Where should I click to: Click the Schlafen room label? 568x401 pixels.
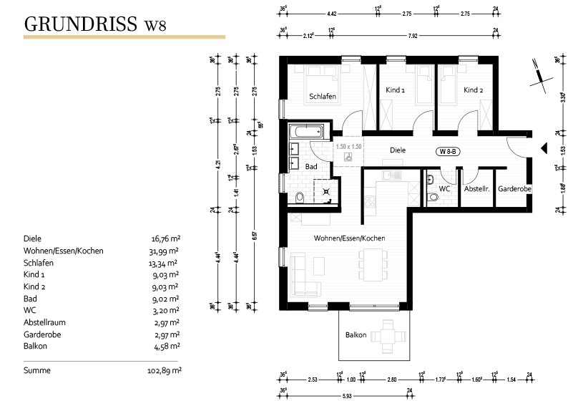click(323, 96)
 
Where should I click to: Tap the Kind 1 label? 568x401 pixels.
click(395, 90)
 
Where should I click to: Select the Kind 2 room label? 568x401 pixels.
click(474, 90)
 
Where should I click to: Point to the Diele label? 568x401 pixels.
click(398, 150)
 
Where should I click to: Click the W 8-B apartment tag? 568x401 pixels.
click(449, 151)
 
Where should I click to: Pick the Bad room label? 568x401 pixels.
click(310, 166)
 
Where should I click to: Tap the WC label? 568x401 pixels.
click(445, 189)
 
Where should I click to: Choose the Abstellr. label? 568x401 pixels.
click(476, 189)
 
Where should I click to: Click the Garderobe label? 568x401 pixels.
click(514, 189)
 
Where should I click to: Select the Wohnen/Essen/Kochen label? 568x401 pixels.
click(350, 238)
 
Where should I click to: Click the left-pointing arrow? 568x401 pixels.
click(240, 70)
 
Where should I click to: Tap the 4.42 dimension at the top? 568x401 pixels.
click(331, 14)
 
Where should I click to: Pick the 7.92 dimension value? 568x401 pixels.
click(413, 34)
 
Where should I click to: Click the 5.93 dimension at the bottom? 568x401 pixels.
click(347, 395)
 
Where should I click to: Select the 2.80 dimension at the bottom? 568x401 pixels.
click(391, 379)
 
